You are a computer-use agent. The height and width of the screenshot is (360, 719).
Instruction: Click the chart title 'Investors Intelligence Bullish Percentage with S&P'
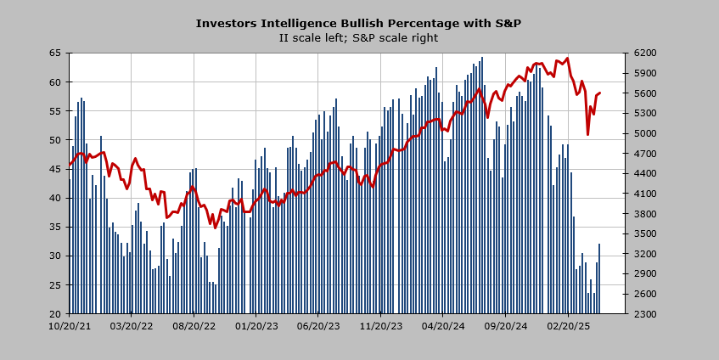pos(358,23)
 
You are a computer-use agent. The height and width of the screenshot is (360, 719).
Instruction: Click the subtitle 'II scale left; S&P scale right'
pos(358,37)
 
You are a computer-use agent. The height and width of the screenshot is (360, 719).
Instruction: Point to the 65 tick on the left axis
pos(56,53)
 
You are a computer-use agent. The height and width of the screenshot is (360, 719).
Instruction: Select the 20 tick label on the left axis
pos(56,313)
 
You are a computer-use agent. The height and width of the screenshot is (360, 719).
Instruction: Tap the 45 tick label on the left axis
pos(56,169)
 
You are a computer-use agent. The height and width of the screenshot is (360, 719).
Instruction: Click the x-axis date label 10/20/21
pos(70,325)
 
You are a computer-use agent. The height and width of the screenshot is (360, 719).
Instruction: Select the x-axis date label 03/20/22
pos(132,325)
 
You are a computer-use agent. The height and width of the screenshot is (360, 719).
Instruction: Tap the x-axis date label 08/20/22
pos(194,325)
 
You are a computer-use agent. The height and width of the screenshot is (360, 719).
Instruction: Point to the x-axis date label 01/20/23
pos(256,325)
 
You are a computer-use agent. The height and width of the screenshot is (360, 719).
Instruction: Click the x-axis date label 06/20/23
pos(319,325)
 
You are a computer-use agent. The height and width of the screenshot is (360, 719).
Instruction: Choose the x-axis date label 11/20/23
pos(381,325)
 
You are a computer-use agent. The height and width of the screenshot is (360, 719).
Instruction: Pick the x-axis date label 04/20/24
pos(444,325)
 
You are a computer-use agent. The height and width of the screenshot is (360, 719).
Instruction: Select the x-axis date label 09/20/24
pos(506,325)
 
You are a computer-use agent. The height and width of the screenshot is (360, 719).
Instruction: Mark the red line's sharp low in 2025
pos(587,134)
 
